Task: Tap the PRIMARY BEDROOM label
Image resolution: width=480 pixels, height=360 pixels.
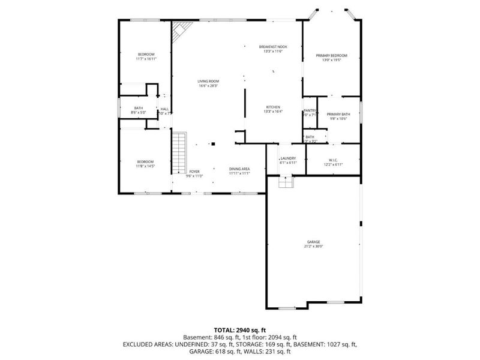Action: [x=332, y=55]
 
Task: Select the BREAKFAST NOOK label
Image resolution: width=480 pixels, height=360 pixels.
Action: [x=273, y=47]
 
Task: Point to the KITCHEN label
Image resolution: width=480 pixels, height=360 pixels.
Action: [x=273, y=107]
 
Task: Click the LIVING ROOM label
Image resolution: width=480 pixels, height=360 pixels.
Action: [x=208, y=81]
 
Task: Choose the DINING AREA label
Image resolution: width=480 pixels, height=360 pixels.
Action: [x=239, y=169]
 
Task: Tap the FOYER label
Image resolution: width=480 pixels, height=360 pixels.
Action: [x=194, y=172]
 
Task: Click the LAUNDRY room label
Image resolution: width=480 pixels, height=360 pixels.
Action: [x=288, y=158]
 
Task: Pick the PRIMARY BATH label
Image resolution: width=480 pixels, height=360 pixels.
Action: [x=338, y=114]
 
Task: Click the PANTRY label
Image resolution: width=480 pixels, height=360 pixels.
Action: [x=310, y=110]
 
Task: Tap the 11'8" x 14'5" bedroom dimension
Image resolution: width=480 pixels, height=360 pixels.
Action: [x=146, y=166]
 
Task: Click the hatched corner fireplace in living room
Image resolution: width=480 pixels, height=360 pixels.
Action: [x=181, y=30]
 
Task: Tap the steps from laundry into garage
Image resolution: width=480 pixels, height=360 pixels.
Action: [x=286, y=181]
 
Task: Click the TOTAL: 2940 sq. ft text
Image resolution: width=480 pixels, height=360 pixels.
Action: [x=239, y=330]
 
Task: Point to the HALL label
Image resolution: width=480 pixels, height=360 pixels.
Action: [x=164, y=109]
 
